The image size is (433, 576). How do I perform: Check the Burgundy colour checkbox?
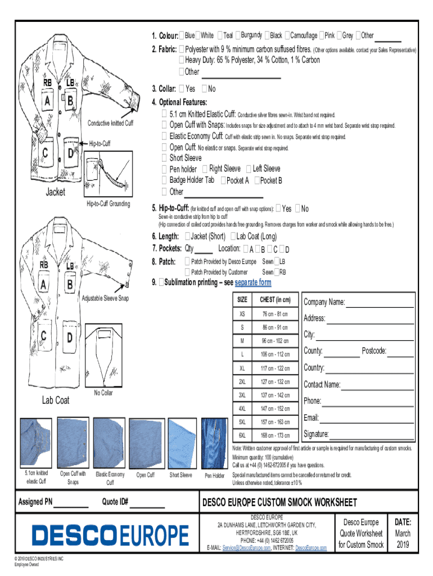239,35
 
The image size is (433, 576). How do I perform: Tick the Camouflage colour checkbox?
288,35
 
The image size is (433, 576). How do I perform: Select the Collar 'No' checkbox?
205,89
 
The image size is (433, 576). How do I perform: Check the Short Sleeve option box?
164,158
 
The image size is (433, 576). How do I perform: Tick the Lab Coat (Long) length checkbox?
234,236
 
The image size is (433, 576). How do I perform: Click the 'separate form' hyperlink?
252,282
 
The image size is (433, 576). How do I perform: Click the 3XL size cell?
242,395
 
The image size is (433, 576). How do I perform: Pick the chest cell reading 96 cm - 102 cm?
274,341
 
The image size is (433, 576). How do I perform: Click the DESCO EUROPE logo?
110,535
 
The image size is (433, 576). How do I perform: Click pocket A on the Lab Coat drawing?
43,285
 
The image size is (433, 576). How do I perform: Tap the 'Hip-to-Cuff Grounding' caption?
109,204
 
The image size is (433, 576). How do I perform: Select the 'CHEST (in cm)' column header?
274,300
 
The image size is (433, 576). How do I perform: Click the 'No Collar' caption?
103,393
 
